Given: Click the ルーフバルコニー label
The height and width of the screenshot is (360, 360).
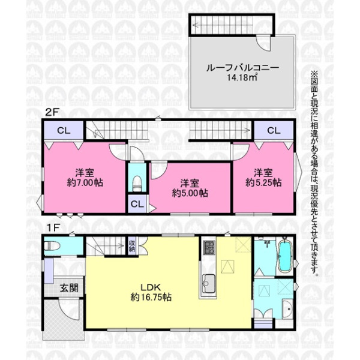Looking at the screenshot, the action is tap(242, 68).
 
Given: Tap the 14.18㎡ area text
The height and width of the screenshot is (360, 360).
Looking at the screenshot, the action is tap(242, 77).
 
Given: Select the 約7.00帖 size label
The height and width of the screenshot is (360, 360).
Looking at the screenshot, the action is tap(85, 183).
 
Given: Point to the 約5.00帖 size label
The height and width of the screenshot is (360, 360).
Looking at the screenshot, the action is tap(190, 193).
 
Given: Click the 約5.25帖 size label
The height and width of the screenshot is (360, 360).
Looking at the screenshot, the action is tap(263, 183).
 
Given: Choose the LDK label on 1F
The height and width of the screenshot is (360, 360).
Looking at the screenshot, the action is tap(151, 287).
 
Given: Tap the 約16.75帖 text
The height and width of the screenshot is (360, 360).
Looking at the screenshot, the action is tap(151, 298).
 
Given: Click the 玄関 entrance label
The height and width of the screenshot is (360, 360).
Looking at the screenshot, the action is tap(69, 288).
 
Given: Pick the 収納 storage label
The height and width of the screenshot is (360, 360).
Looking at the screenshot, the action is tap(132, 246).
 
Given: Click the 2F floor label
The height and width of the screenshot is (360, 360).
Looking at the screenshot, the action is tap(52, 113).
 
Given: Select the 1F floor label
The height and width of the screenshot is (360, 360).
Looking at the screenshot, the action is tap(53, 228).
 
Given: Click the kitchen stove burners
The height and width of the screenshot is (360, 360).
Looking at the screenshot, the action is tap(209, 247).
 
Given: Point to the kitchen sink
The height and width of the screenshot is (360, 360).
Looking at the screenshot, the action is tap(209, 284).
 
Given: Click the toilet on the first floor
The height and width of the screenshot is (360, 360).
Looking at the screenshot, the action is tap(52, 246).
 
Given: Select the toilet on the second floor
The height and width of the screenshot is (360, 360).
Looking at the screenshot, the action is tap(137, 183).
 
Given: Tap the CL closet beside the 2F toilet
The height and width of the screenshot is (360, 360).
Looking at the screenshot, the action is tap(137, 204).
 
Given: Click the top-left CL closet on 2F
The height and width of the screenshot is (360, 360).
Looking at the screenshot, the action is tap(64, 130).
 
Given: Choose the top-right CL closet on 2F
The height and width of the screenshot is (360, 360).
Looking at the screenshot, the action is tap(274, 130).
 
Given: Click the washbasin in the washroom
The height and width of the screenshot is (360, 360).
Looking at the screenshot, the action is tap(287, 309).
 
